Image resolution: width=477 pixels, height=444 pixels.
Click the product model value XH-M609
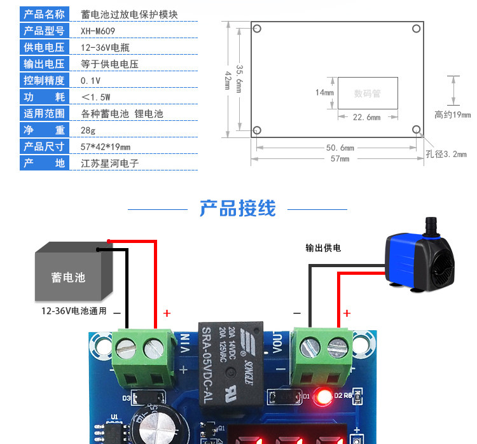(98, 31)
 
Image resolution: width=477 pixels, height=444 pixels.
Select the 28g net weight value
(88, 130)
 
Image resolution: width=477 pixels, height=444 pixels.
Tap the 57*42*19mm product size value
(105, 147)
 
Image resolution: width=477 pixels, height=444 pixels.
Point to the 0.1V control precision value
(90, 81)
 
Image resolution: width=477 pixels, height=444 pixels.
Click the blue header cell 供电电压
(45, 48)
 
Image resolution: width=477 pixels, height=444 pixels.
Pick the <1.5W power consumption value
(96, 97)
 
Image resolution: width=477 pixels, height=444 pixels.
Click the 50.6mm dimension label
(340, 148)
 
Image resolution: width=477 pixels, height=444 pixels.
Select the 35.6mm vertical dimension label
(239, 79)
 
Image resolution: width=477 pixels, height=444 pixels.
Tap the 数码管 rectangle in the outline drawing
(368, 93)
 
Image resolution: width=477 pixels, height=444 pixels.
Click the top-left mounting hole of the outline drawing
(257, 29)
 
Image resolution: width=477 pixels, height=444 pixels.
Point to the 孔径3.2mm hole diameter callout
(446, 154)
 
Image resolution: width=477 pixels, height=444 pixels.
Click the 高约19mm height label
(453, 114)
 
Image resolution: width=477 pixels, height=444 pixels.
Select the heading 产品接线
(238, 209)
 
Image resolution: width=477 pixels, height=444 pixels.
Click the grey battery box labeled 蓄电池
(74, 271)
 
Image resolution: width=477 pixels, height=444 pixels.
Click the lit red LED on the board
(324, 397)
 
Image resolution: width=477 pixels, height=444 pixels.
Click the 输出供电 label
(323, 247)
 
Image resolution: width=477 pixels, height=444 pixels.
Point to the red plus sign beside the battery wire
(167, 313)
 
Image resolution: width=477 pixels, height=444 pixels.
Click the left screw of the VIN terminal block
(127, 349)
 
